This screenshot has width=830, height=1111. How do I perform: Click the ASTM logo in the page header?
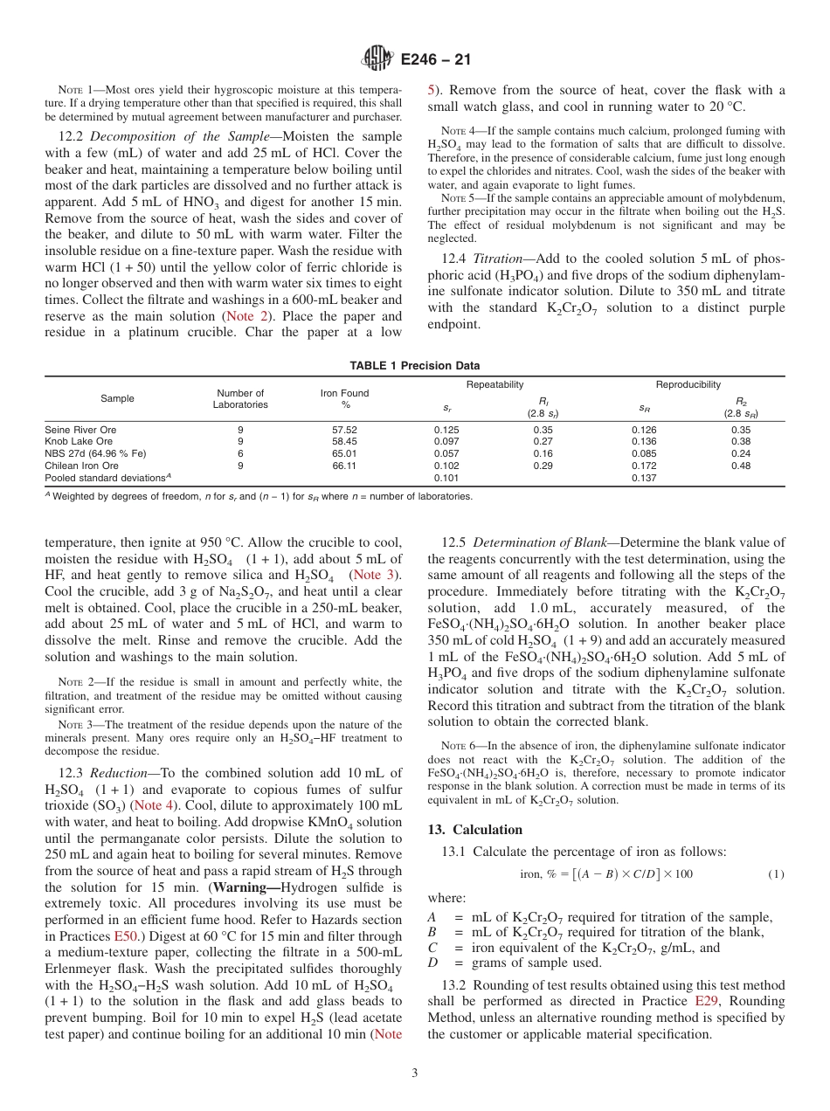click(378, 59)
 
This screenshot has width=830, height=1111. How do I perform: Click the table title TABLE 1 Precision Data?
click(414, 366)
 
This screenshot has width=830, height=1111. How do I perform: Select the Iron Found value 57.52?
click(345, 430)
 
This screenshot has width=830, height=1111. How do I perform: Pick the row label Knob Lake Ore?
click(79, 442)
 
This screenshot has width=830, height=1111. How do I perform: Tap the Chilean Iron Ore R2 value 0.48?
click(741, 466)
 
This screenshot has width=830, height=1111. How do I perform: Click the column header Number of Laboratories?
click(240, 399)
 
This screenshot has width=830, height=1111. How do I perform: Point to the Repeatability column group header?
click(495, 385)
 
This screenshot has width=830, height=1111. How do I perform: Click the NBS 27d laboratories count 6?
click(240, 454)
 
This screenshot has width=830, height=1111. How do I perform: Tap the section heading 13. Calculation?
click(474, 830)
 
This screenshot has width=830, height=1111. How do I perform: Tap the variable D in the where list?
click(432, 963)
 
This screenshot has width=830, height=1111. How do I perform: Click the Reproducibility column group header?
click(688, 385)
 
